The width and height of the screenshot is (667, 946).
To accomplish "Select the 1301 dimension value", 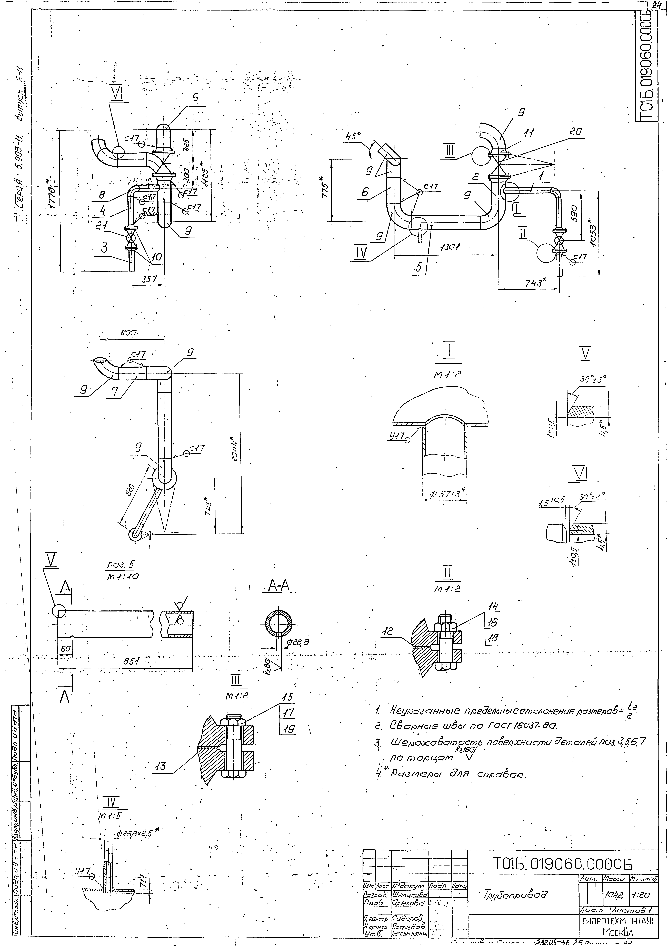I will click(x=451, y=247).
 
